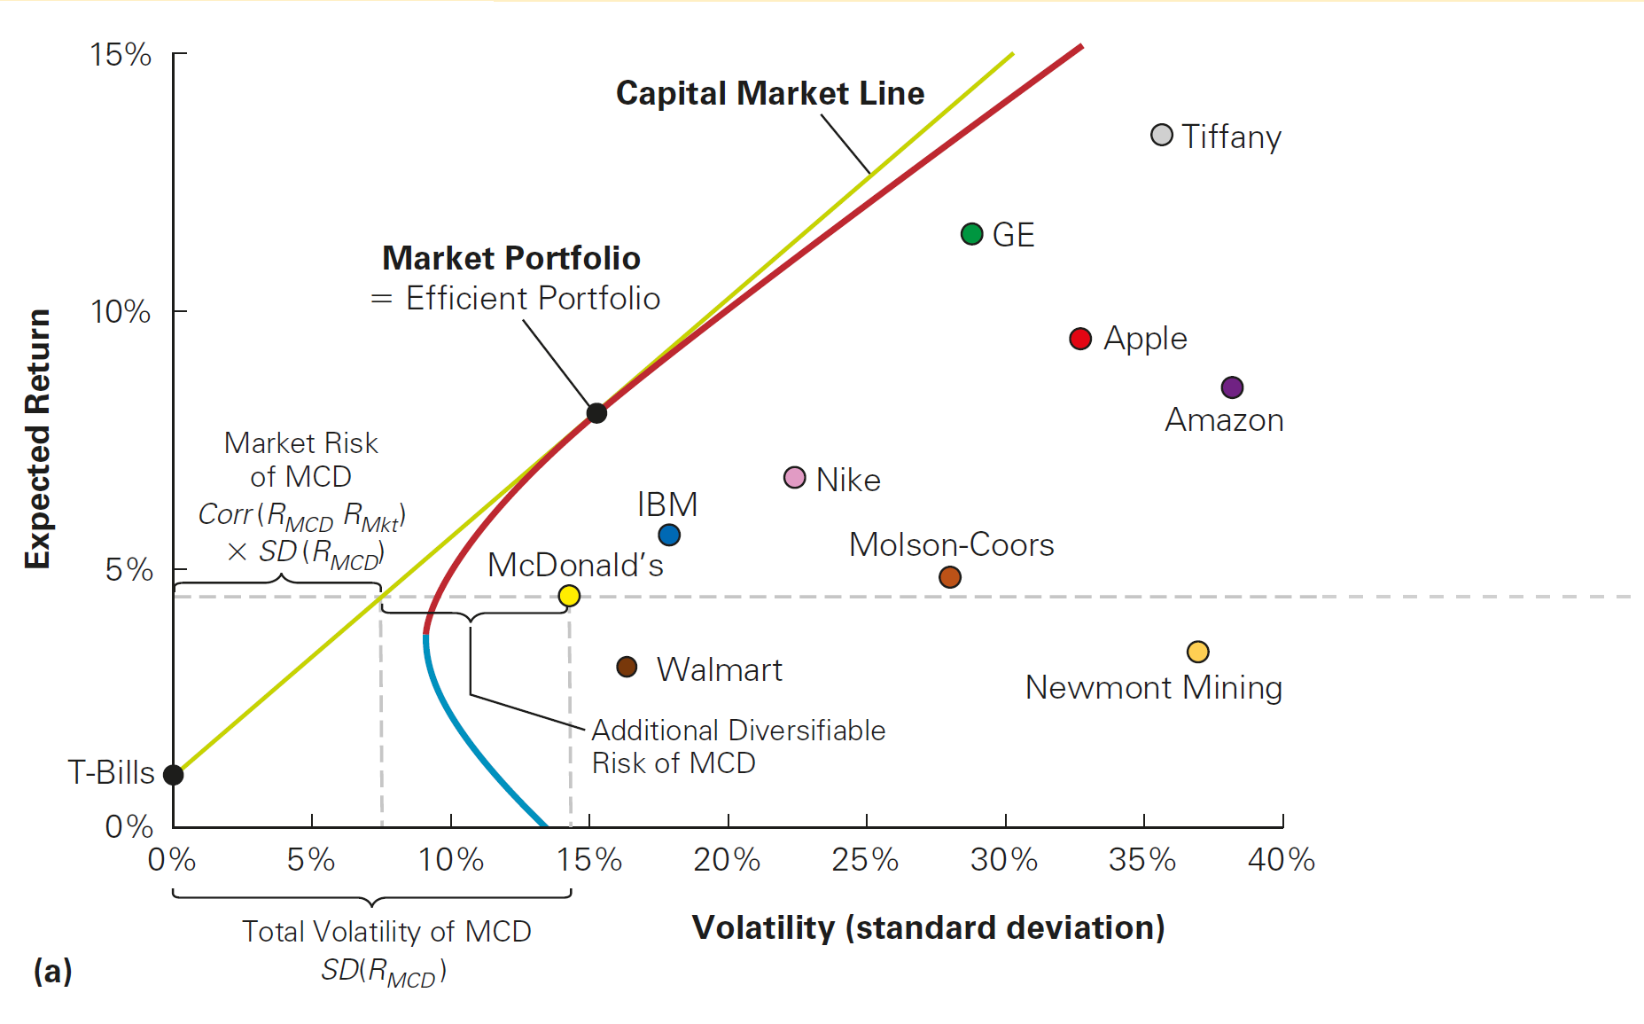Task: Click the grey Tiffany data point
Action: [x=1161, y=136]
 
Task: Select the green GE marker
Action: [x=971, y=234]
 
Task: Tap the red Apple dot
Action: [x=1079, y=339]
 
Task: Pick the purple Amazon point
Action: [x=1231, y=387]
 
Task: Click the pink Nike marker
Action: [x=794, y=478]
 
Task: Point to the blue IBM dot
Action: [x=669, y=535]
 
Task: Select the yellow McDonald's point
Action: [x=569, y=596]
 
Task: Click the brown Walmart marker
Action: [x=627, y=667]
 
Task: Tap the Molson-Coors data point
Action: [x=949, y=577]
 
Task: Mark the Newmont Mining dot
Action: [x=1197, y=652]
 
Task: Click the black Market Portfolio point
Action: [x=596, y=413]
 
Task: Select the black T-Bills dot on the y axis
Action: [x=174, y=775]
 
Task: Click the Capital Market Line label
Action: [x=769, y=93]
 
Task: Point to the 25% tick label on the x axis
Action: [x=865, y=859]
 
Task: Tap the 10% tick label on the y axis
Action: [x=121, y=312]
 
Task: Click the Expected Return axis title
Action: [x=37, y=439]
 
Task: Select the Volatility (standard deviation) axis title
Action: [x=928, y=927]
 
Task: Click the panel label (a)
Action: [x=52, y=971]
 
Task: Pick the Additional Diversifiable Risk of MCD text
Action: [x=737, y=747]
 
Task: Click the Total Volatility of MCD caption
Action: [x=386, y=932]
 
